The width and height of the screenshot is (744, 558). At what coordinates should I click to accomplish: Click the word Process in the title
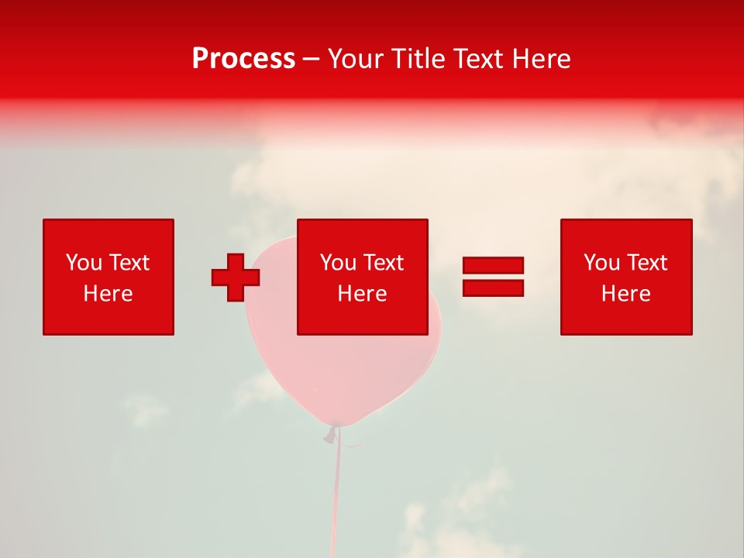point(243,59)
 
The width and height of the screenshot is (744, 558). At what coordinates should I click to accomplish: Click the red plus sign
point(236,277)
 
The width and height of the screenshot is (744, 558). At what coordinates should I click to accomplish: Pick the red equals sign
point(493,277)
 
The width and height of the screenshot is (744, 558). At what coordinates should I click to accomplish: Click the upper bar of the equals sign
point(493,266)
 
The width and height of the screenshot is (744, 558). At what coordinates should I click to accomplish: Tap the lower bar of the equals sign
point(493,288)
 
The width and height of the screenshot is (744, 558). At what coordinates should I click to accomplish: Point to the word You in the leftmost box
point(84,263)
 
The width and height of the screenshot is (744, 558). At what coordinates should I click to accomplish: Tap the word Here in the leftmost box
point(108,294)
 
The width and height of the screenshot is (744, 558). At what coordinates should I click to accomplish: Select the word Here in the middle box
point(362,294)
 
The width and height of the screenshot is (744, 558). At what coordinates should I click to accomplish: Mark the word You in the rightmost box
point(601,263)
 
